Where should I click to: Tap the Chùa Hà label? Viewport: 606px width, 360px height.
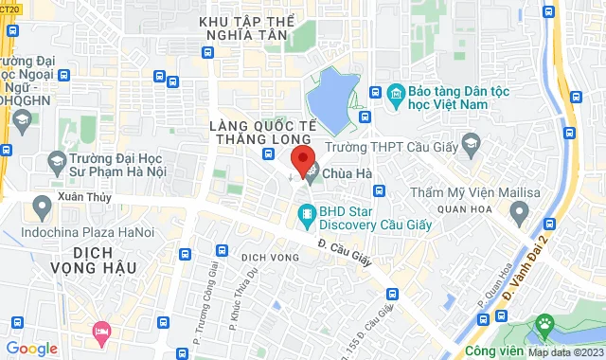point(346,171)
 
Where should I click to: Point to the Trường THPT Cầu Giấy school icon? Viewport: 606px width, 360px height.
point(471,147)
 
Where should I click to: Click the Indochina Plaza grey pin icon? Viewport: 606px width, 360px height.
point(42,204)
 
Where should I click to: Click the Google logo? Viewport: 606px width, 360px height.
point(31,348)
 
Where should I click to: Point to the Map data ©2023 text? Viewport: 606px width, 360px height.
point(563,352)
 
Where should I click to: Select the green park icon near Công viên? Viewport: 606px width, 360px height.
point(544,328)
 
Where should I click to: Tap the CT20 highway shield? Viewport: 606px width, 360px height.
point(10,9)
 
